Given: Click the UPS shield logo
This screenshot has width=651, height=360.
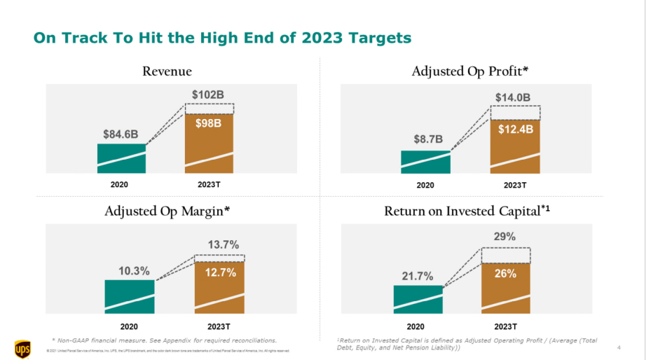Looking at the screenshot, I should pyautogui.click(x=22, y=347).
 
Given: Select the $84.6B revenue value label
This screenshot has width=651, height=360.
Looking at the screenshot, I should pyautogui.click(x=121, y=133).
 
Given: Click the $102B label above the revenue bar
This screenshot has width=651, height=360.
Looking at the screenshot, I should pyautogui.click(x=209, y=94).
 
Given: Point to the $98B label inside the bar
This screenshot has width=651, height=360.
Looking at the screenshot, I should pyautogui.click(x=209, y=123).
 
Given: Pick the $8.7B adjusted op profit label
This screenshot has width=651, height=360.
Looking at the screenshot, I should pyautogui.click(x=425, y=139).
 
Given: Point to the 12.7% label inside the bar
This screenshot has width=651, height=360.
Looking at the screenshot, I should pyautogui.click(x=221, y=272).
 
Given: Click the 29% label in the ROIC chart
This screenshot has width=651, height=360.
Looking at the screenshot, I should pyautogui.click(x=505, y=237).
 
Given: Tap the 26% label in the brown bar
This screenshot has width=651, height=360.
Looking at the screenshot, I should pyautogui.click(x=505, y=273).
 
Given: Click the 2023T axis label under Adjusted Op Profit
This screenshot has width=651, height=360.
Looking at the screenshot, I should pyautogui.click(x=514, y=185).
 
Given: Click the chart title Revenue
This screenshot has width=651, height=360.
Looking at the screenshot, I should pyautogui.click(x=167, y=71).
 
